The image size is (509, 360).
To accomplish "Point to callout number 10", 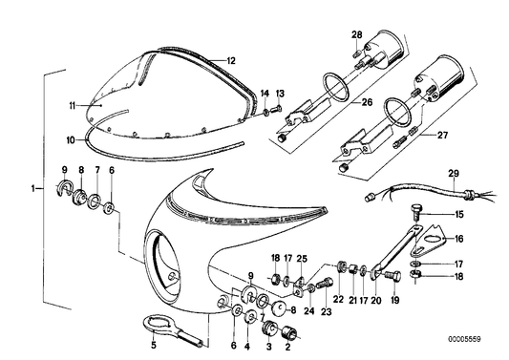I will (x=70, y=140).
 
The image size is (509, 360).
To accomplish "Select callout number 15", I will (x=457, y=214).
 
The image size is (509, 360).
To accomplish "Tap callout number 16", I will (x=457, y=239).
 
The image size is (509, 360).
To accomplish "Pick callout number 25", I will (x=303, y=259).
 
